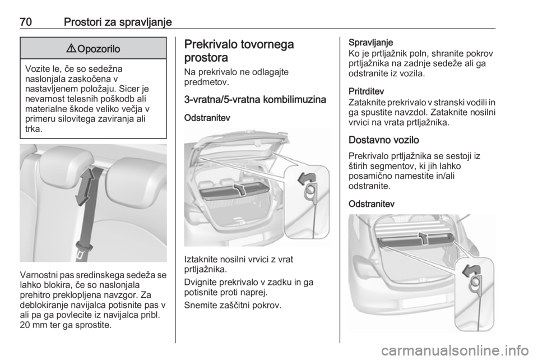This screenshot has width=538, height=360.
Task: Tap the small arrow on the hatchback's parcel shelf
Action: pyautogui.click(x=239, y=188)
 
